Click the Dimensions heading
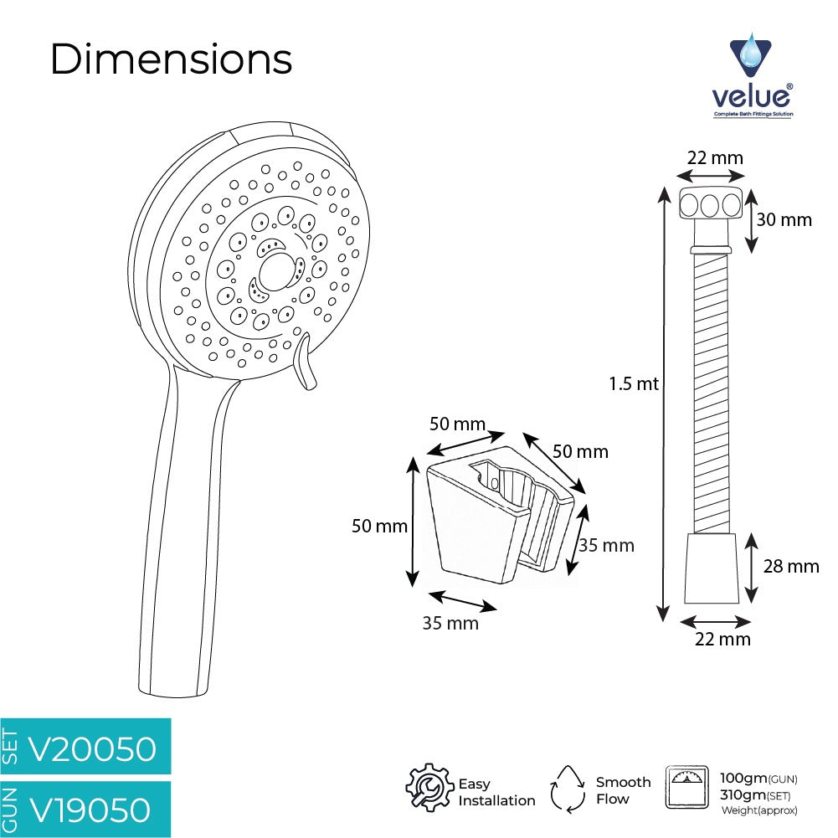171,59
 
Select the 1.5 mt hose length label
634,383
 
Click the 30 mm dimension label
784,219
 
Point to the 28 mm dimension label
791,567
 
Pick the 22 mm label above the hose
715,158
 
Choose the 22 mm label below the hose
722,640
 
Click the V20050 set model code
92,748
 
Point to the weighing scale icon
687,787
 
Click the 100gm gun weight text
758,779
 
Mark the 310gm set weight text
754,795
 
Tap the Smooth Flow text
623,790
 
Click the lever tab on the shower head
305,362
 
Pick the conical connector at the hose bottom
712,568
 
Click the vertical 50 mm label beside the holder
379,526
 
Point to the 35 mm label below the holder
450,623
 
